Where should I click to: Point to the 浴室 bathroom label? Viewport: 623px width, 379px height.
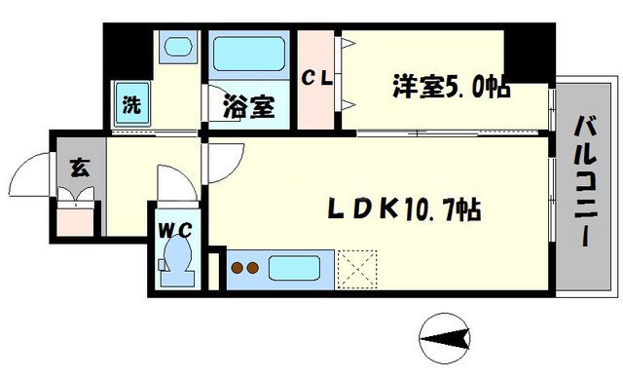[249, 104]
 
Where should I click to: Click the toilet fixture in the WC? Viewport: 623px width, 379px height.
[178, 261]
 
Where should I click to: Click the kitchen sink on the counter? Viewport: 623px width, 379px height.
[296, 267]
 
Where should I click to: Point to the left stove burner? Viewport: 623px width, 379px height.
[236, 267]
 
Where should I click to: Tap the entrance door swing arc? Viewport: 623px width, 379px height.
[29, 177]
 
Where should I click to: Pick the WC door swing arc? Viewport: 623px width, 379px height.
[175, 182]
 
